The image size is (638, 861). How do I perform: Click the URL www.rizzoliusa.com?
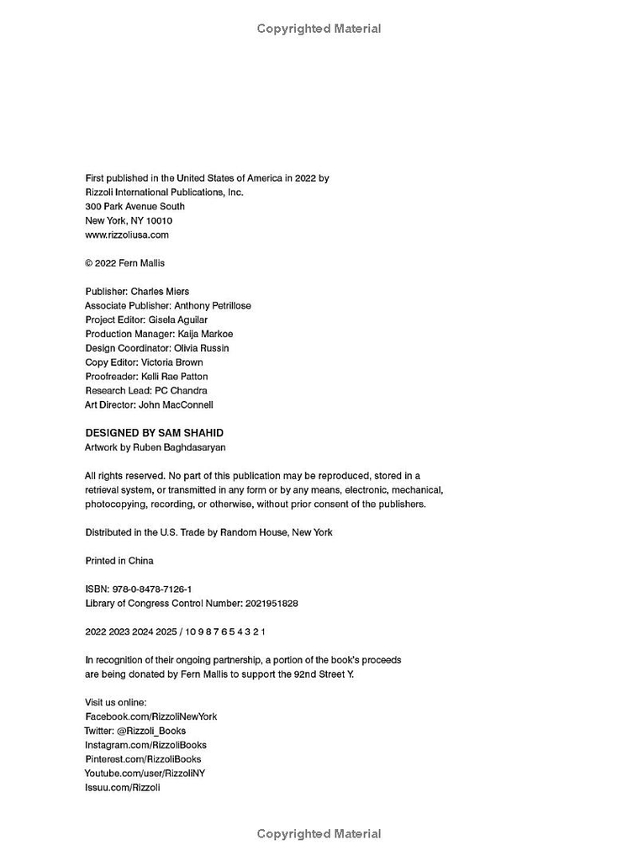click(127, 235)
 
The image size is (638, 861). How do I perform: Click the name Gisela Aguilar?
click(177, 320)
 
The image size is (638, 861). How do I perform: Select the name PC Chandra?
click(181, 390)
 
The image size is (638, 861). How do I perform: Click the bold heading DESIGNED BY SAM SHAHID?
click(154, 433)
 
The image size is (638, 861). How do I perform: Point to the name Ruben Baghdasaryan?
click(179, 447)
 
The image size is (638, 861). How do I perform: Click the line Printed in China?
click(119, 561)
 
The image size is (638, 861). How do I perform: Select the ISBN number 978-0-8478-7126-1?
click(150, 589)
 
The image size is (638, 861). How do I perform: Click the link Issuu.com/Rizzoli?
click(123, 787)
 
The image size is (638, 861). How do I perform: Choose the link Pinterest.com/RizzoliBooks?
click(143, 759)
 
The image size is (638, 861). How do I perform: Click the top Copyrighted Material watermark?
click(319, 29)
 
